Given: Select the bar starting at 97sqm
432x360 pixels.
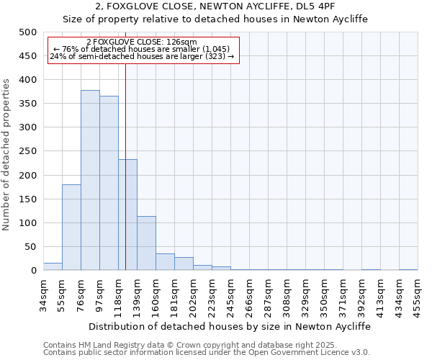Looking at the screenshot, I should click(x=109, y=183).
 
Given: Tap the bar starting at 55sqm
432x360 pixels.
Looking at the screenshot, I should click(x=71, y=227).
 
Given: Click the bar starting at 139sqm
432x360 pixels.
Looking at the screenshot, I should click(x=146, y=243).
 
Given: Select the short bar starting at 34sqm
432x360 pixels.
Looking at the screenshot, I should click(x=53, y=266).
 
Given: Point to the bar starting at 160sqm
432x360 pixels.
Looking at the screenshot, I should click(x=165, y=262).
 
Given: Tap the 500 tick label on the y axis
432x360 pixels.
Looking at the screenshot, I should click(x=27, y=32).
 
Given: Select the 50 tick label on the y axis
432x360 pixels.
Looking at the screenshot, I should click(x=30, y=247).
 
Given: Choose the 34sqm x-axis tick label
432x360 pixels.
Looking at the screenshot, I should click(x=43, y=294).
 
